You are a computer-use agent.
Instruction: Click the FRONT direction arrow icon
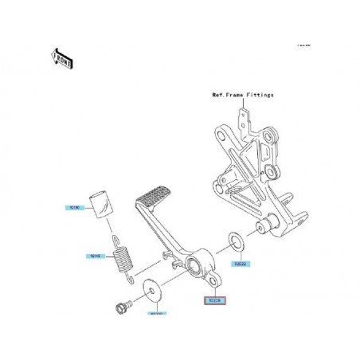62,57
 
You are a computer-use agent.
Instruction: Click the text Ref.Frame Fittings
243,94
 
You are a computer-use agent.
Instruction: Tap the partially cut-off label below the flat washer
156,314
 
